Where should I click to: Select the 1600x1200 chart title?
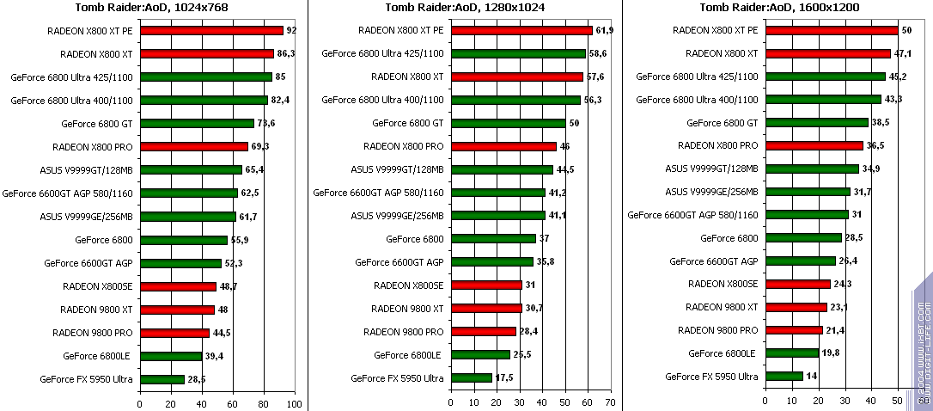[x=780, y=8]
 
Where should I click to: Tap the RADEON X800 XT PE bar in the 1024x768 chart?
[x=211, y=30]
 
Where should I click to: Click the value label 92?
[x=291, y=30]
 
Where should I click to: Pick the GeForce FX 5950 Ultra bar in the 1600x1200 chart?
[x=784, y=376]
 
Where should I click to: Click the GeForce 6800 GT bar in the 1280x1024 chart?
[x=508, y=123]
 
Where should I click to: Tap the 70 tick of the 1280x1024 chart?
[x=610, y=402]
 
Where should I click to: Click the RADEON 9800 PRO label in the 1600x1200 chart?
[x=717, y=330]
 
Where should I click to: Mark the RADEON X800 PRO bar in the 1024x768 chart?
[x=193, y=146]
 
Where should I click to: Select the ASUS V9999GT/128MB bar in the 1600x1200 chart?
[x=812, y=169]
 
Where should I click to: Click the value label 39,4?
[x=214, y=355]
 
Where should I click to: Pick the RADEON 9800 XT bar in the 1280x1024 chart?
[x=485, y=308]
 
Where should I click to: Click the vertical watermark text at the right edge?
[x=923, y=344]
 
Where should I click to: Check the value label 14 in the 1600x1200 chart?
[x=812, y=377]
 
